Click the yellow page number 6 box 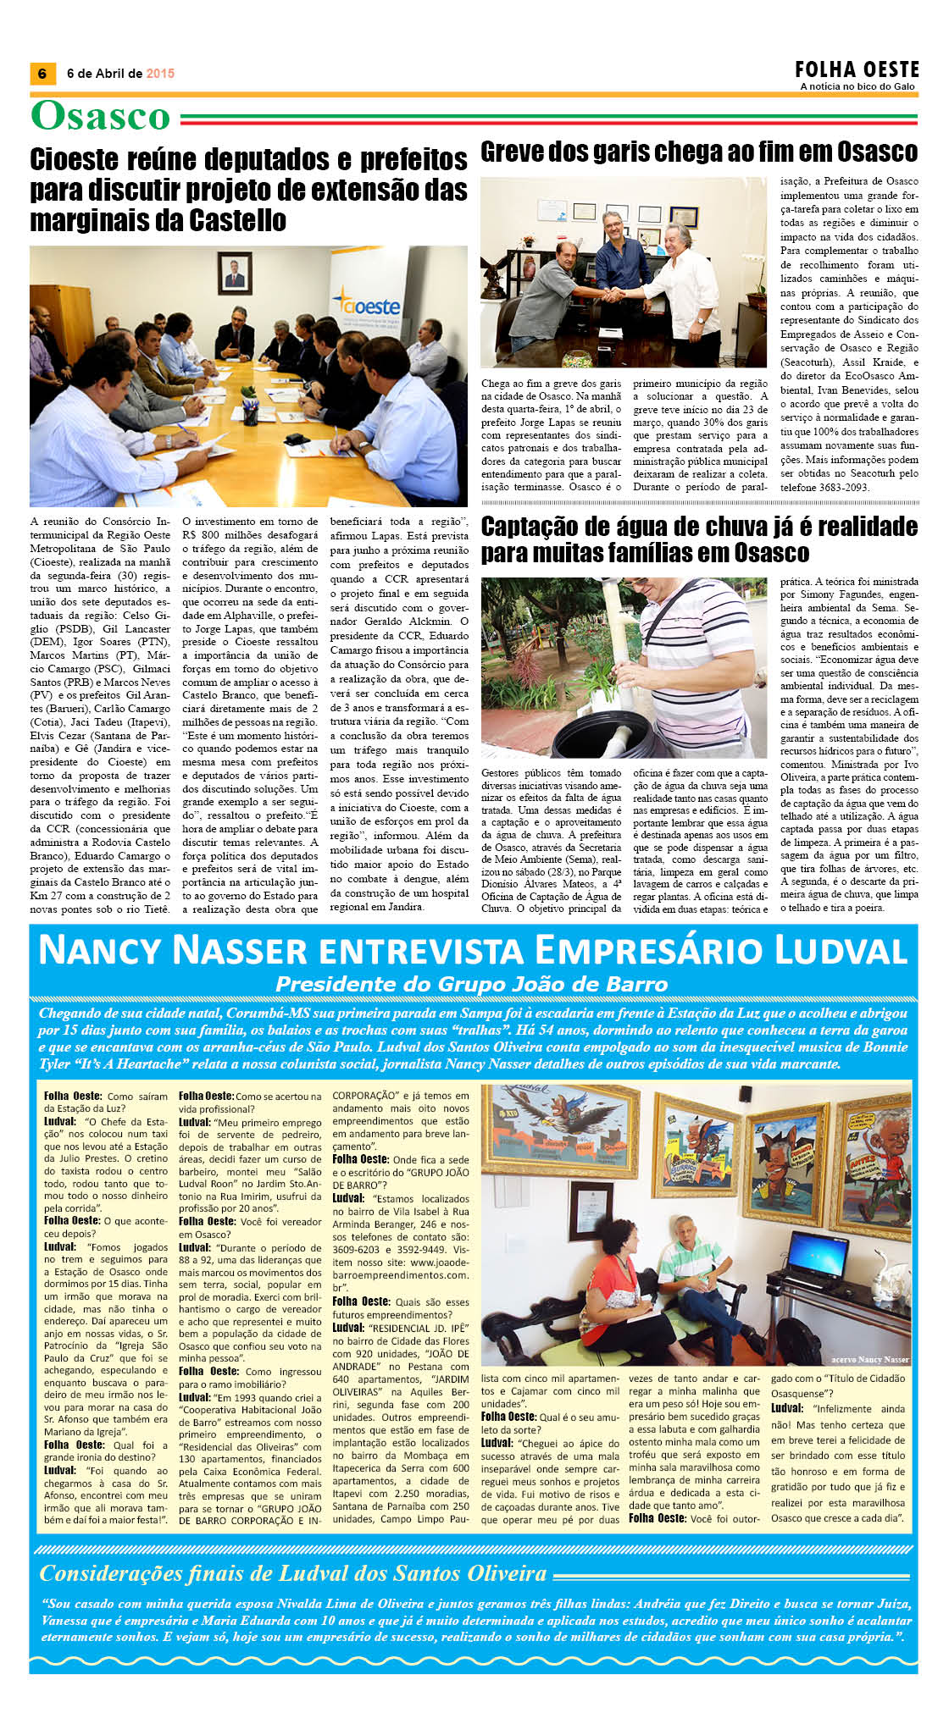[x=42, y=74]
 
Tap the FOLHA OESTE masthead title [x=857, y=69]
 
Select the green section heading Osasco [x=101, y=116]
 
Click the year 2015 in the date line [x=160, y=74]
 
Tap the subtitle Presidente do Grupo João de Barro [x=472, y=984]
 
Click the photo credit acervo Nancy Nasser [x=869, y=1359]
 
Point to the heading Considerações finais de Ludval [x=293, y=1573]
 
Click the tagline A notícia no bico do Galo [x=857, y=86]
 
